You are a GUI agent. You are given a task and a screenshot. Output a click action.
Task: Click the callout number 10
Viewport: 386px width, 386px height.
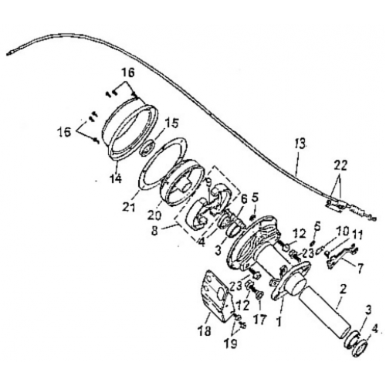(340, 231)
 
